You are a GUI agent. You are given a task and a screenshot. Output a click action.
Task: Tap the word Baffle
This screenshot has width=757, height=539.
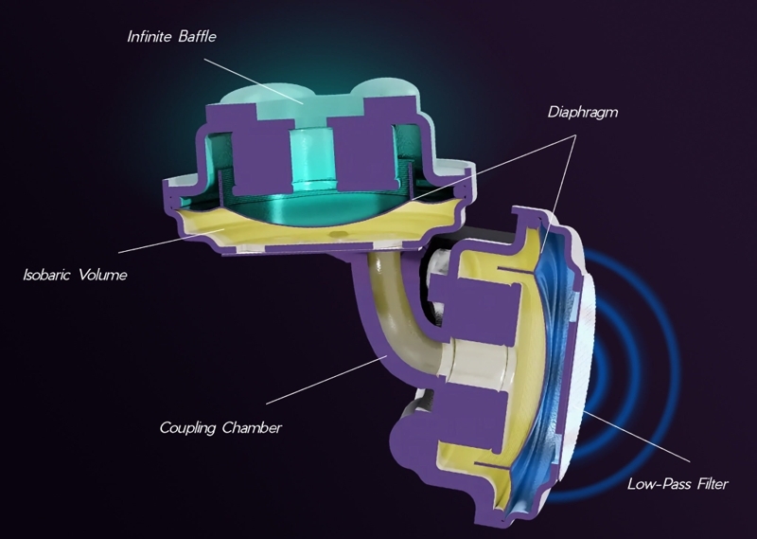coord(197,36)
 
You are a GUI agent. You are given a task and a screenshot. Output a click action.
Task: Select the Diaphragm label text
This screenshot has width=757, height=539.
coord(583,113)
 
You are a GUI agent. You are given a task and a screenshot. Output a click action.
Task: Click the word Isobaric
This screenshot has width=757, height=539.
coord(47,275)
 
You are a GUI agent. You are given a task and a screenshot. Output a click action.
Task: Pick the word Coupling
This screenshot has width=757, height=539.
coord(187,428)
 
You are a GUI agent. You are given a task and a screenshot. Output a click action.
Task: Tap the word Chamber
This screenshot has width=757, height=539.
coord(252,428)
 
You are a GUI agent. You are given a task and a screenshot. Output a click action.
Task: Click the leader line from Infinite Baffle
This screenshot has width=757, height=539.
coord(253,81)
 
